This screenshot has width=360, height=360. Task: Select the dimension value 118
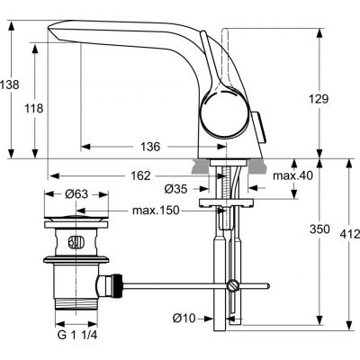click(x=33, y=108)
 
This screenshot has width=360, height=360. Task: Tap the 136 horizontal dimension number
click(x=150, y=146)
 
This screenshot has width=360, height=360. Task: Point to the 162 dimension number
click(x=163, y=176)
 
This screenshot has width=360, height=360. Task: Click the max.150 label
click(x=156, y=211)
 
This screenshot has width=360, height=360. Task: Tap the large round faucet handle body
click(x=220, y=114)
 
